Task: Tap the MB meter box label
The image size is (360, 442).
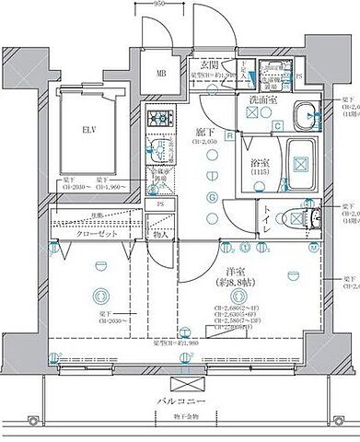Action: [161, 75]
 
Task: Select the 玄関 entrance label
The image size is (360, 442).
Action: [209, 65]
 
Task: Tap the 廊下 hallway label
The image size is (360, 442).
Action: [203, 133]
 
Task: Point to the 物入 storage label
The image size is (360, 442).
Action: [161, 236]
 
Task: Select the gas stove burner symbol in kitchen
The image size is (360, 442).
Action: [160, 119]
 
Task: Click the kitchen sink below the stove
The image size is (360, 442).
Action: [159, 148]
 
